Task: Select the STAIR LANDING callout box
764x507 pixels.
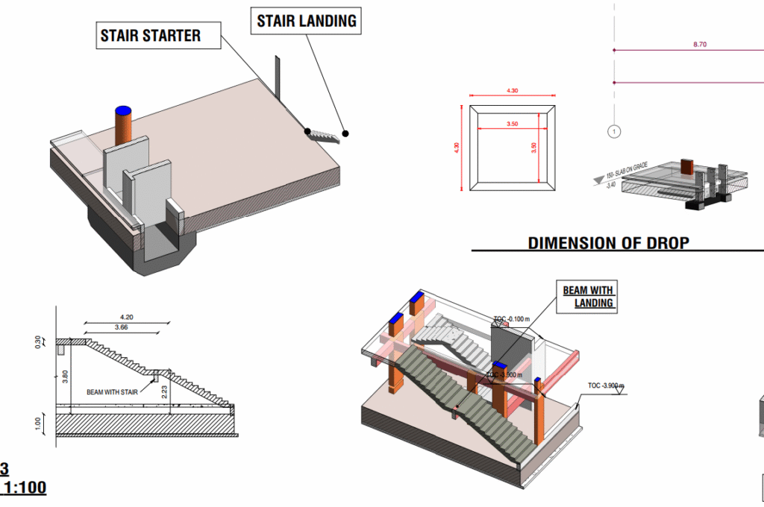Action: (x=306, y=21)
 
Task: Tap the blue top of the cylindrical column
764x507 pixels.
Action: (x=122, y=110)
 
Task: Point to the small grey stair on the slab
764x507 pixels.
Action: (x=324, y=136)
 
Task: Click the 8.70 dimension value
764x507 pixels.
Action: (x=699, y=45)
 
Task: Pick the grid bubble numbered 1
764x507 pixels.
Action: (x=613, y=132)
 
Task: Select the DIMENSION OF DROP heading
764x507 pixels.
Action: (x=608, y=243)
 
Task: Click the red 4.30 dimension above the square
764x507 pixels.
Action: (x=512, y=90)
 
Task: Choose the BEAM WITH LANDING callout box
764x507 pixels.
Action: (x=589, y=296)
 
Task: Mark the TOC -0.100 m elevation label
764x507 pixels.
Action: (x=511, y=319)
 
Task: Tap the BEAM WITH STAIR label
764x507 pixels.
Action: (x=116, y=391)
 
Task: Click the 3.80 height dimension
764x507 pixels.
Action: (x=66, y=376)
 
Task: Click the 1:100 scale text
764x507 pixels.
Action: (x=22, y=488)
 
